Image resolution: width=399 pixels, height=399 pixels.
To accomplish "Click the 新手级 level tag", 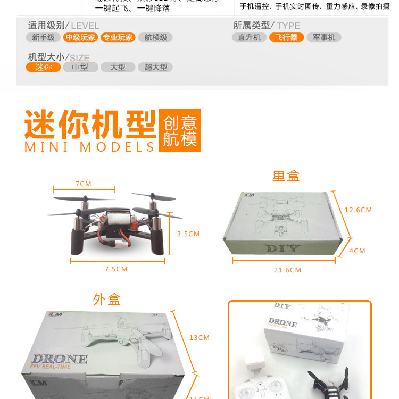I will (x=43, y=37).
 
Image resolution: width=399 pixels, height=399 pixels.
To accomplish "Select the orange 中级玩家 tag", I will (x=81, y=37).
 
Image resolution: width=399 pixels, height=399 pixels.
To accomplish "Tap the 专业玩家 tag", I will (x=118, y=37).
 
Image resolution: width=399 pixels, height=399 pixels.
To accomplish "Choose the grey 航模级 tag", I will (x=155, y=37).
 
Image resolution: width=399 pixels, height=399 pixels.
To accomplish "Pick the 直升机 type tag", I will (x=249, y=37).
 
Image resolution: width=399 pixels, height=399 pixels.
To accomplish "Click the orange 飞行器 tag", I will (x=286, y=37).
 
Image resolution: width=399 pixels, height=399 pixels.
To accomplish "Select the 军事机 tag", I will (x=324, y=37).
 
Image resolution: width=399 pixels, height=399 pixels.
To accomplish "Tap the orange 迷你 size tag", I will (x=43, y=67).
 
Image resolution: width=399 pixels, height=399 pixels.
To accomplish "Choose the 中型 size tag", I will (x=80, y=67).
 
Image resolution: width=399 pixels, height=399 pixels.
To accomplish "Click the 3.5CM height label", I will (x=188, y=234).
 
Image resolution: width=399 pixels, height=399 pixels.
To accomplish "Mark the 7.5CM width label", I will (x=116, y=269).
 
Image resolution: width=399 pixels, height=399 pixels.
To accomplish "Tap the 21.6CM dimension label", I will (x=287, y=270).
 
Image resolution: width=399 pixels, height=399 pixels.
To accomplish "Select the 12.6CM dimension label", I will (x=358, y=210).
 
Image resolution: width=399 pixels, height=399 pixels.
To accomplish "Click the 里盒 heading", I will (x=286, y=176).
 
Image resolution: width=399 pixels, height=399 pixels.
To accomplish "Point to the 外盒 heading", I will (x=107, y=300).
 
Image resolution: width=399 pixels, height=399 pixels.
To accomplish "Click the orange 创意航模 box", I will (x=180, y=131).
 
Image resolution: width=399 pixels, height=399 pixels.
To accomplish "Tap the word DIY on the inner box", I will (x=282, y=248).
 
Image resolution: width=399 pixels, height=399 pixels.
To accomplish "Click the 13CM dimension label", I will (x=199, y=338).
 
